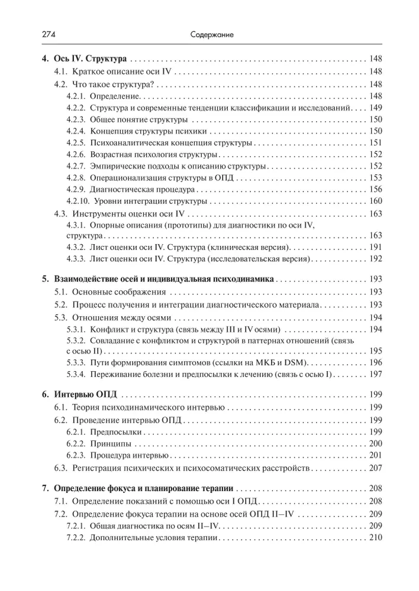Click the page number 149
point(376,107)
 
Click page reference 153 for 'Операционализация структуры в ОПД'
point(376,178)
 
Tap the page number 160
point(376,202)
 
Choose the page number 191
point(376,247)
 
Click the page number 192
point(376,259)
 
